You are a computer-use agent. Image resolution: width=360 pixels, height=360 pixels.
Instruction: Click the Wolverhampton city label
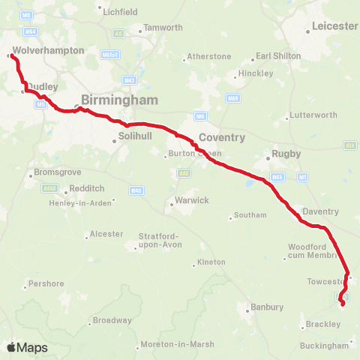coord(48,50)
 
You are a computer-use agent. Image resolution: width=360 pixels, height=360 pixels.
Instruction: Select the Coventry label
coord(221,137)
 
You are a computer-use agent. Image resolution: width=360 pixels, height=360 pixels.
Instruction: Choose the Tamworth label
coord(163,28)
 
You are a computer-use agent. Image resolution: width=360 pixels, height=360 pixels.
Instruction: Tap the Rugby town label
coord(286,154)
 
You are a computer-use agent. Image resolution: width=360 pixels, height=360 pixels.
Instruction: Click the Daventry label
coord(321,211)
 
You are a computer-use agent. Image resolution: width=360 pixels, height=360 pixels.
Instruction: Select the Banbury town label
coord(266,307)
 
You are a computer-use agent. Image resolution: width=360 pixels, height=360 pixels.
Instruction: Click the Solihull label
coord(135,136)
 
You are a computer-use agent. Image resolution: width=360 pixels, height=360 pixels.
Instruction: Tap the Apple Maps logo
coord(27,347)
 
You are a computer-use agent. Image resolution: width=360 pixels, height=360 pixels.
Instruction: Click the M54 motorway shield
coord(31,31)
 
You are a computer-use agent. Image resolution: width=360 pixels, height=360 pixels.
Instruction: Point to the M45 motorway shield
coord(277,177)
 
